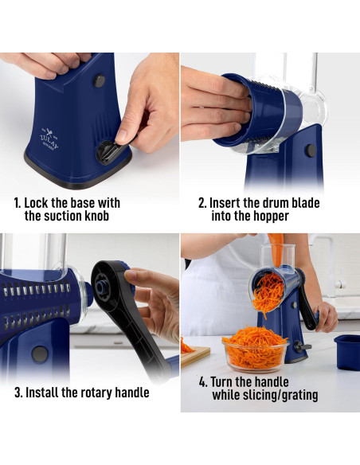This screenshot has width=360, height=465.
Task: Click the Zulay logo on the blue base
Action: coord(49,139)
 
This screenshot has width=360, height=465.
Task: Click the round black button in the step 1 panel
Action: coord(100,80)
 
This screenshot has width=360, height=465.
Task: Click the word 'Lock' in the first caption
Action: coord(36,203)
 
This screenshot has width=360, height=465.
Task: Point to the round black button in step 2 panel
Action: coord(311,150)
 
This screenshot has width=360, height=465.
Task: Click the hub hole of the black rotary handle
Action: coord(101,287)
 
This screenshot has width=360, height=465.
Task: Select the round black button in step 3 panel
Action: coord(40,354)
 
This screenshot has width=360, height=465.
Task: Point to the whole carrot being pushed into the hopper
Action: coord(276,250)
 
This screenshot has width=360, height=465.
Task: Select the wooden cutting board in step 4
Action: coord(195,355)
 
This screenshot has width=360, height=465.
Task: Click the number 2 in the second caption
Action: coord(202,204)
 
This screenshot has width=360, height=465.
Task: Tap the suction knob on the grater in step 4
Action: coord(302,346)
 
